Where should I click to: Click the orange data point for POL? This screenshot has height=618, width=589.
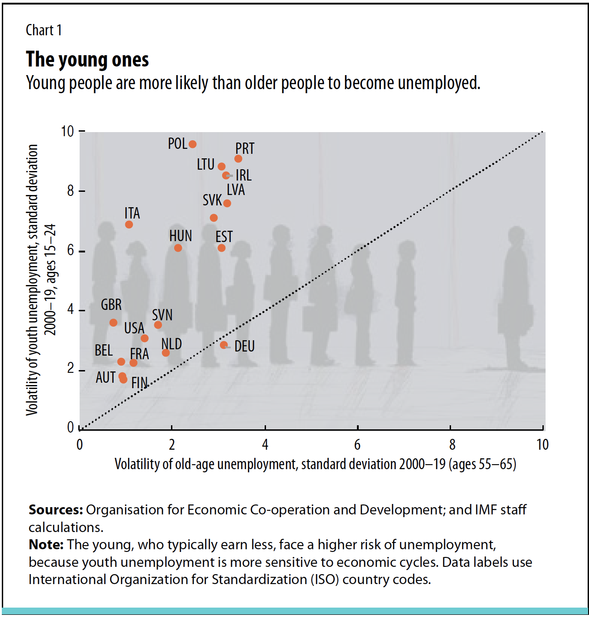[192, 144]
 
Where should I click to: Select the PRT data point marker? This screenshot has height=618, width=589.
[238, 159]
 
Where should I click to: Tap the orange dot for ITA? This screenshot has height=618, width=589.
[129, 224]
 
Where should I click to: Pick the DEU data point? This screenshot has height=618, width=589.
[223, 345]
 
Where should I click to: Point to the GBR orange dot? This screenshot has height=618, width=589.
[113, 323]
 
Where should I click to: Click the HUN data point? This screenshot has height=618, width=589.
[178, 248]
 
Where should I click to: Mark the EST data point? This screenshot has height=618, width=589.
[221, 248]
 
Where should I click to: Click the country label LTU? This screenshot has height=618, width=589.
[205, 165]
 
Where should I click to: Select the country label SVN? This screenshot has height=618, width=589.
[162, 315]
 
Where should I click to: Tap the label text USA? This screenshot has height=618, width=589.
[134, 328]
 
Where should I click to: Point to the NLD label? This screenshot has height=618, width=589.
[171, 344]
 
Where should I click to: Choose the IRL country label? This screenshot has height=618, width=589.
[243, 175]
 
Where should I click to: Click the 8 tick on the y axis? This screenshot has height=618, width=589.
[71, 191]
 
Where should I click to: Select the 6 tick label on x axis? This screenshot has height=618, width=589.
[357, 445]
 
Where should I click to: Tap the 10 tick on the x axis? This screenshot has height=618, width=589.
[542, 445]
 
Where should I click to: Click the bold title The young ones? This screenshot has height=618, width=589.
[87, 60]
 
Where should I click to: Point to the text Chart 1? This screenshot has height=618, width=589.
[43, 30]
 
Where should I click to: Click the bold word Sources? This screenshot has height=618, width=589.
[56, 510]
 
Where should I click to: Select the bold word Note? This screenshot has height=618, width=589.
[46, 545]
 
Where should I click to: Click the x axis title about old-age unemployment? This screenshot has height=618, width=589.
[315, 464]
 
